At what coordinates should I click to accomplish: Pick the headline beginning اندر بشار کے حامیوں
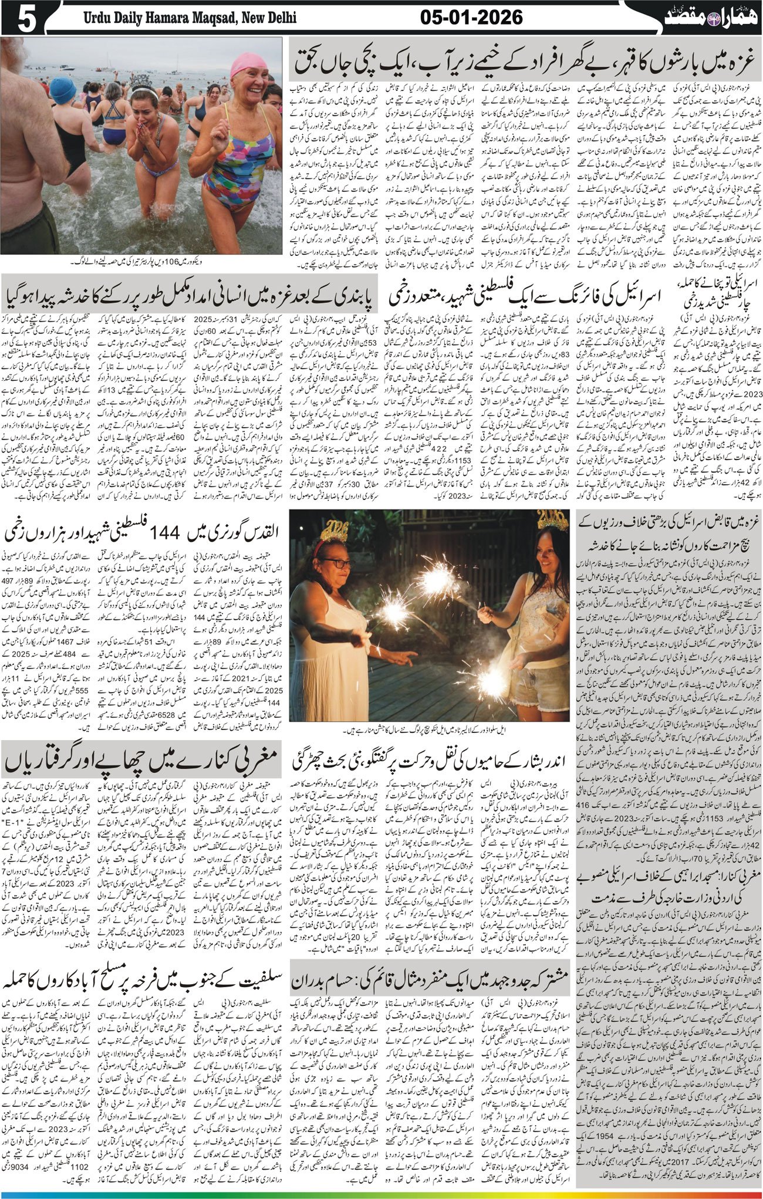click(431, 762)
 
